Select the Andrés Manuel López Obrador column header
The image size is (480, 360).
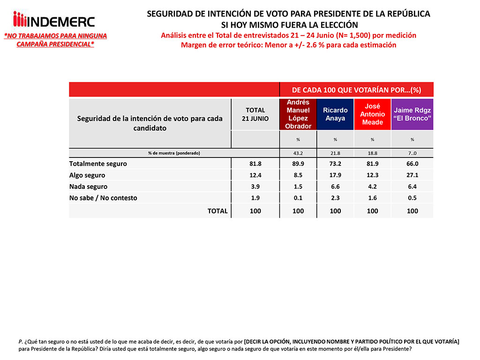(x=298, y=114)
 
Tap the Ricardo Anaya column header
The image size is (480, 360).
(x=335, y=114)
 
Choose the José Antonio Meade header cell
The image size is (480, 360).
(x=372, y=114)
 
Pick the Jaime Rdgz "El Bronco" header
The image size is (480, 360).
(x=412, y=114)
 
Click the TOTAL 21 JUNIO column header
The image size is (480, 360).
(x=255, y=114)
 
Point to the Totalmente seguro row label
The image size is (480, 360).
(x=98, y=164)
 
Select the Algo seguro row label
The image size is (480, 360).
(x=87, y=175)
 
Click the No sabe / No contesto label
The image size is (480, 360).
(x=103, y=198)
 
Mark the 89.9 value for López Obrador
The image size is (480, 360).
(x=298, y=164)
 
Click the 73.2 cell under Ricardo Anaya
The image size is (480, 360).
(x=335, y=164)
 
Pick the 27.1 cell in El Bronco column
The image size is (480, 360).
(x=412, y=175)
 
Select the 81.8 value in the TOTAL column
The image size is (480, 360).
(x=255, y=164)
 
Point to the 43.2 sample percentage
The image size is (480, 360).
(x=298, y=153)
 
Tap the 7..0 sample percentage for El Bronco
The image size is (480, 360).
(x=412, y=153)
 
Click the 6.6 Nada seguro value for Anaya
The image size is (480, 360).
(x=335, y=186)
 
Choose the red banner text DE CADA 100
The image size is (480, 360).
(x=356, y=89)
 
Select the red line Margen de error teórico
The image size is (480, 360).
(x=288, y=45)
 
